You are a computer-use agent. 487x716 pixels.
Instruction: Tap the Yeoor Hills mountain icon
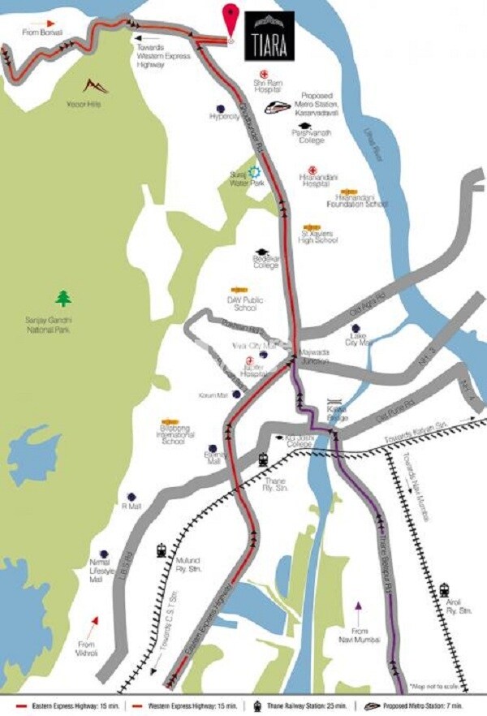(x=96, y=86)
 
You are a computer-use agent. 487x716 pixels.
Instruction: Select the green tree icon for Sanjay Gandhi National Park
(x=63, y=299)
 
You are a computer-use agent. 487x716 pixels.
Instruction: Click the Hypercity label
(x=220, y=117)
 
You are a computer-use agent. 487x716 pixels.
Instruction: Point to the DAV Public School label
(x=240, y=304)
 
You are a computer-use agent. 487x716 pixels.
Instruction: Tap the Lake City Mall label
(x=356, y=339)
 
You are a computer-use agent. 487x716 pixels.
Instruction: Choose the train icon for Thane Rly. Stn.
(x=264, y=459)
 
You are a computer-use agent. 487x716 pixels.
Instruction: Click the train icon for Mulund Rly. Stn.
(x=162, y=550)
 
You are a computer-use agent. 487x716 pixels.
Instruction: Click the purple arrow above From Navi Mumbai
(x=358, y=606)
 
